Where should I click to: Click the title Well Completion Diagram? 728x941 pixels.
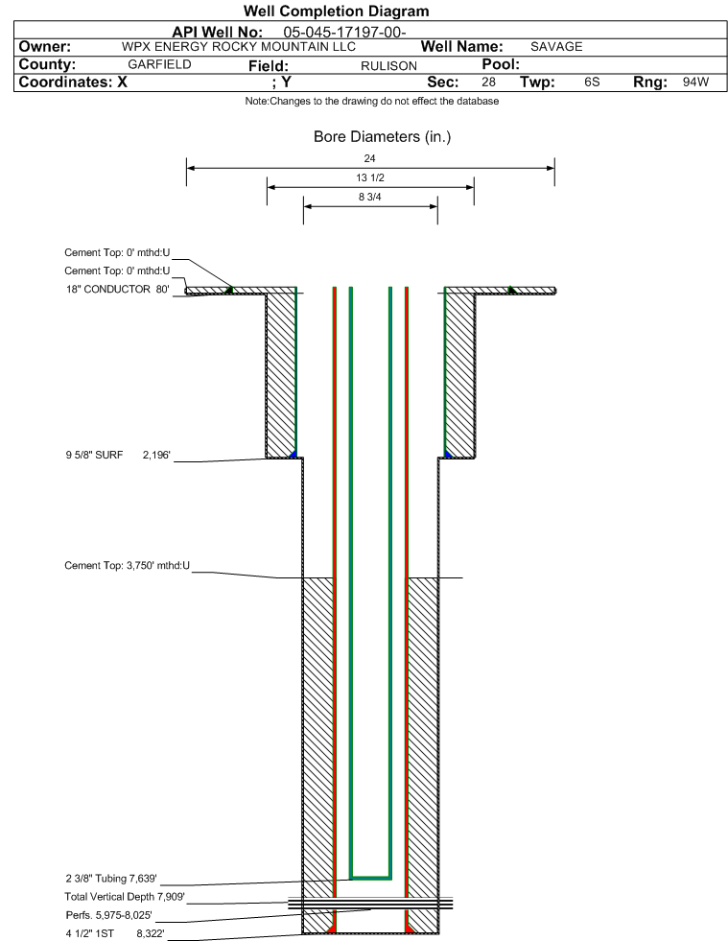tap(336, 11)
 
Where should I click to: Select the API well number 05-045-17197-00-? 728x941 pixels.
tap(344, 33)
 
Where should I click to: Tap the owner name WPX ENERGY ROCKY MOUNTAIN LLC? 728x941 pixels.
tap(238, 47)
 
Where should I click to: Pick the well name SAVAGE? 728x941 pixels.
tap(556, 47)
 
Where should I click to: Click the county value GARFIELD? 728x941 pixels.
tap(159, 64)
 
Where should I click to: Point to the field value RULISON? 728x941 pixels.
tap(388, 66)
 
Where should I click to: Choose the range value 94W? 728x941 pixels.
tap(695, 82)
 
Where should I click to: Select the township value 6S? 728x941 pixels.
tap(592, 82)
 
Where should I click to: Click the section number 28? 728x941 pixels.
tap(488, 82)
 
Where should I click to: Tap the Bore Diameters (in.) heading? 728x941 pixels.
tap(383, 137)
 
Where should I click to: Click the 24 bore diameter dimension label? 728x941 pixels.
tap(369, 158)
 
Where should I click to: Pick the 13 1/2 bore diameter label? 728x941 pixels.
tap(369, 177)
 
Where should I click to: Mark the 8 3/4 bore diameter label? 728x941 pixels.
tap(369, 197)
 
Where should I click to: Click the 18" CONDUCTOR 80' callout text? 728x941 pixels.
tap(118, 290)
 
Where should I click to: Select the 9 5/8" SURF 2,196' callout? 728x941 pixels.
tap(118, 455)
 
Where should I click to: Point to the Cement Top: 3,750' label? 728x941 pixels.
tap(128, 565)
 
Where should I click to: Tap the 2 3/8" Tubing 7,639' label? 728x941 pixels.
tap(111, 879)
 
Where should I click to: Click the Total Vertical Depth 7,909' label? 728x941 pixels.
tap(125, 897)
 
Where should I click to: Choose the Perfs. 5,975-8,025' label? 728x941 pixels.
tap(109, 915)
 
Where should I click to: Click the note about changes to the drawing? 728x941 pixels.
tap(371, 101)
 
